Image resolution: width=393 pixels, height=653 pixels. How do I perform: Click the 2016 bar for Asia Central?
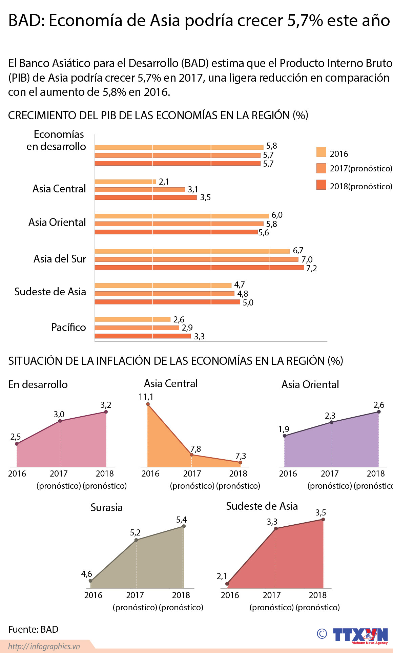click(x=125, y=182)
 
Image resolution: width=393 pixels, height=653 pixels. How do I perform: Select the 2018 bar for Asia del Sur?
click(x=199, y=268)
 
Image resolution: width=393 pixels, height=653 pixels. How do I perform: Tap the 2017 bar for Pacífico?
click(x=137, y=328)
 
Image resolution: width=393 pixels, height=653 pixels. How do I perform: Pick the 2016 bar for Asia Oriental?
click(x=181, y=216)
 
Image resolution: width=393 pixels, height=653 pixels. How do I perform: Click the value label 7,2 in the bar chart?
click(x=311, y=269)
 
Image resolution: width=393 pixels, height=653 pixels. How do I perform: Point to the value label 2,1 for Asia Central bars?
click(x=164, y=182)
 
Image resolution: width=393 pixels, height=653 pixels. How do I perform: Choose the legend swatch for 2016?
click(x=321, y=152)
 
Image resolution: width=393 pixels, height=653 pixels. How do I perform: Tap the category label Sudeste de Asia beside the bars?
click(x=50, y=292)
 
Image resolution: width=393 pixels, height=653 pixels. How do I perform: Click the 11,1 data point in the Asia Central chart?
click(x=148, y=404)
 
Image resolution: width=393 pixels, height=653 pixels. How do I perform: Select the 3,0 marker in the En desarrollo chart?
click(x=60, y=421)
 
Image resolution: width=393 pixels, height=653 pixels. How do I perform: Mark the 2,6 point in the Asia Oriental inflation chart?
click(x=378, y=412)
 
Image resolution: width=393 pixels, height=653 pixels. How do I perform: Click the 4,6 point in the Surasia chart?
click(x=90, y=581)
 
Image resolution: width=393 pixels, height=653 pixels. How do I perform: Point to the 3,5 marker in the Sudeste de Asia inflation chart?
click(x=323, y=519)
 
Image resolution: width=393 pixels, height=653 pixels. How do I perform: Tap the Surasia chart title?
click(x=106, y=507)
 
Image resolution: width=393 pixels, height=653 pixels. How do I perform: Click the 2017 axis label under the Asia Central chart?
click(x=192, y=473)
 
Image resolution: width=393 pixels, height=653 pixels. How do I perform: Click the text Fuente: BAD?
click(x=33, y=629)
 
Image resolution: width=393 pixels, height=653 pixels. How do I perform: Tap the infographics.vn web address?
click(x=44, y=646)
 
